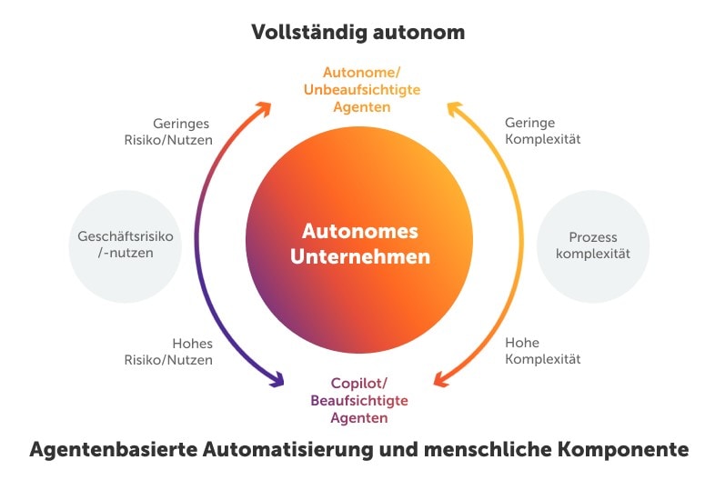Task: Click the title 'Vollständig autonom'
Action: tap(357, 33)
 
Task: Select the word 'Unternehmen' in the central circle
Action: tap(359, 257)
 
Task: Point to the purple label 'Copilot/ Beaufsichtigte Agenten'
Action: tap(359, 401)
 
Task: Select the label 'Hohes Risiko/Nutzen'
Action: tap(180, 351)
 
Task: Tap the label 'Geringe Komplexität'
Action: tap(542, 132)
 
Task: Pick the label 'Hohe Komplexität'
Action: tap(542, 351)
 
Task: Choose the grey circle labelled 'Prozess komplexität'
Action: tap(594, 245)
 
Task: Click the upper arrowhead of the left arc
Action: tap(263, 108)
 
